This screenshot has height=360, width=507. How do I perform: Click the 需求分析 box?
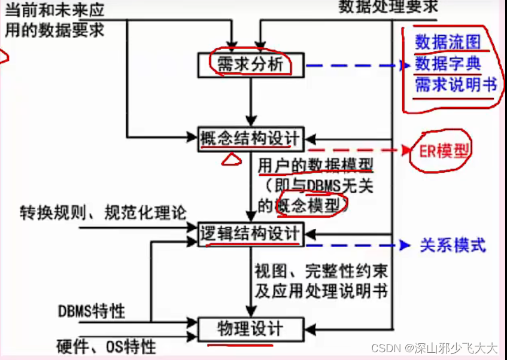[251, 65]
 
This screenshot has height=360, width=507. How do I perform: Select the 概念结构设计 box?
[251, 138]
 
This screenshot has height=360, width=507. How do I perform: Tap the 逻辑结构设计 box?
[251, 233]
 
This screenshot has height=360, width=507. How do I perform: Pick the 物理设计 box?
[251, 328]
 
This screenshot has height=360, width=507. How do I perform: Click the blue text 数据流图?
[448, 43]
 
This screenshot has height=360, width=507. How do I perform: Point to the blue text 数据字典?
[448, 63]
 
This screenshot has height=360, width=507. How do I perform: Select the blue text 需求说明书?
[456, 84]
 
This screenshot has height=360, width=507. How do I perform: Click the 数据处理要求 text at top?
[388, 7]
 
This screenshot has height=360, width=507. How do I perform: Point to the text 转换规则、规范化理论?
[103, 212]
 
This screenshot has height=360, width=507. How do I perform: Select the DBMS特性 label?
[91, 311]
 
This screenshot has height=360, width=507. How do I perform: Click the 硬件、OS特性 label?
[107, 346]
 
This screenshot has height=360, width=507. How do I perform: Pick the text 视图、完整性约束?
[321, 271]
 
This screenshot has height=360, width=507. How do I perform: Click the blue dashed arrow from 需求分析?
[353, 65]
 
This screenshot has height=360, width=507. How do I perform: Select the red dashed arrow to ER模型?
[353, 150]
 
